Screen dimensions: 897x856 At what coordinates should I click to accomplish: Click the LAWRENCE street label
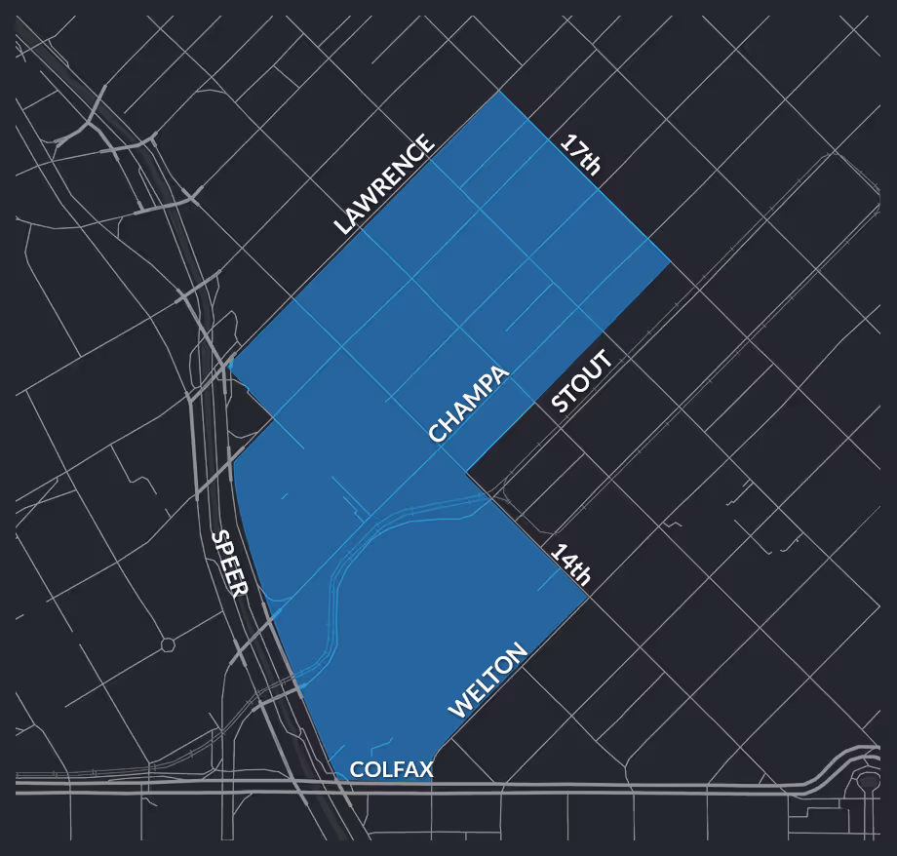383,185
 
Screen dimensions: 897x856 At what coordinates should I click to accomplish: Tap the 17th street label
580,154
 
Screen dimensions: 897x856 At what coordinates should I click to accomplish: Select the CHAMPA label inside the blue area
469,405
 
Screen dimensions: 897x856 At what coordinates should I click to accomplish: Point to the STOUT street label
582,382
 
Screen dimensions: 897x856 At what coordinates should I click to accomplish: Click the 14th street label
571,564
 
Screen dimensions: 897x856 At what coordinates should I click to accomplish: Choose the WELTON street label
487,681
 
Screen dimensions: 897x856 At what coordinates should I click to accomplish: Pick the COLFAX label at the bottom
391,770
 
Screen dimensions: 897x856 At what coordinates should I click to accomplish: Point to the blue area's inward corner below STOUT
468,476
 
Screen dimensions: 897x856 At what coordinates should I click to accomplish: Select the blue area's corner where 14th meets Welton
588,598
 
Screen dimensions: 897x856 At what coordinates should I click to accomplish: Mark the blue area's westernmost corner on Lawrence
230,362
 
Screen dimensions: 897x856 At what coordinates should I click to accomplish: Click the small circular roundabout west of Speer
168,644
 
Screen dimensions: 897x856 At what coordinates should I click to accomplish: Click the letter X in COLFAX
425,770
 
